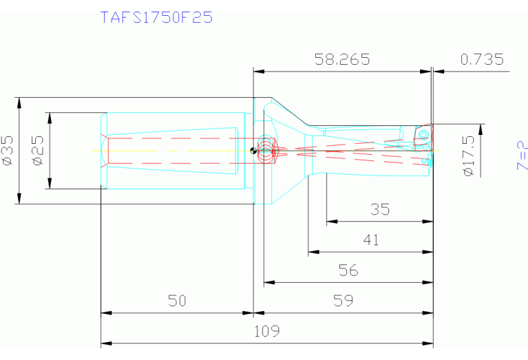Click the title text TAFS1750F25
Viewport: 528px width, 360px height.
click(x=156, y=17)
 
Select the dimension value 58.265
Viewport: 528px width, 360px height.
click(x=342, y=60)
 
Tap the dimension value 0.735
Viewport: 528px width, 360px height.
click(x=482, y=60)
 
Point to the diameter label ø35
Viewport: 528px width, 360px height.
click(x=8, y=151)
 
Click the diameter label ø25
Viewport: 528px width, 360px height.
click(x=37, y=151)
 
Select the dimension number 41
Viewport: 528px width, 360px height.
click(x=370, y=240)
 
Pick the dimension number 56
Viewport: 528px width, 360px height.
click(x=348, y=271)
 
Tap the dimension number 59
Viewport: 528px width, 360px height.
click(x=343, y=301)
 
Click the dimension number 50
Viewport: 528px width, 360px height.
click(x=177, y=301)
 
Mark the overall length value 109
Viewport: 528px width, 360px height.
click(x=266, y=331)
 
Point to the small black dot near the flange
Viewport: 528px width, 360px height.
click(x=254, y=149)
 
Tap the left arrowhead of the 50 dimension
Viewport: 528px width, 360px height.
click(x=105, y=313)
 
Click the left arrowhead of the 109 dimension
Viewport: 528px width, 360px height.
click(x=105, y=343)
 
